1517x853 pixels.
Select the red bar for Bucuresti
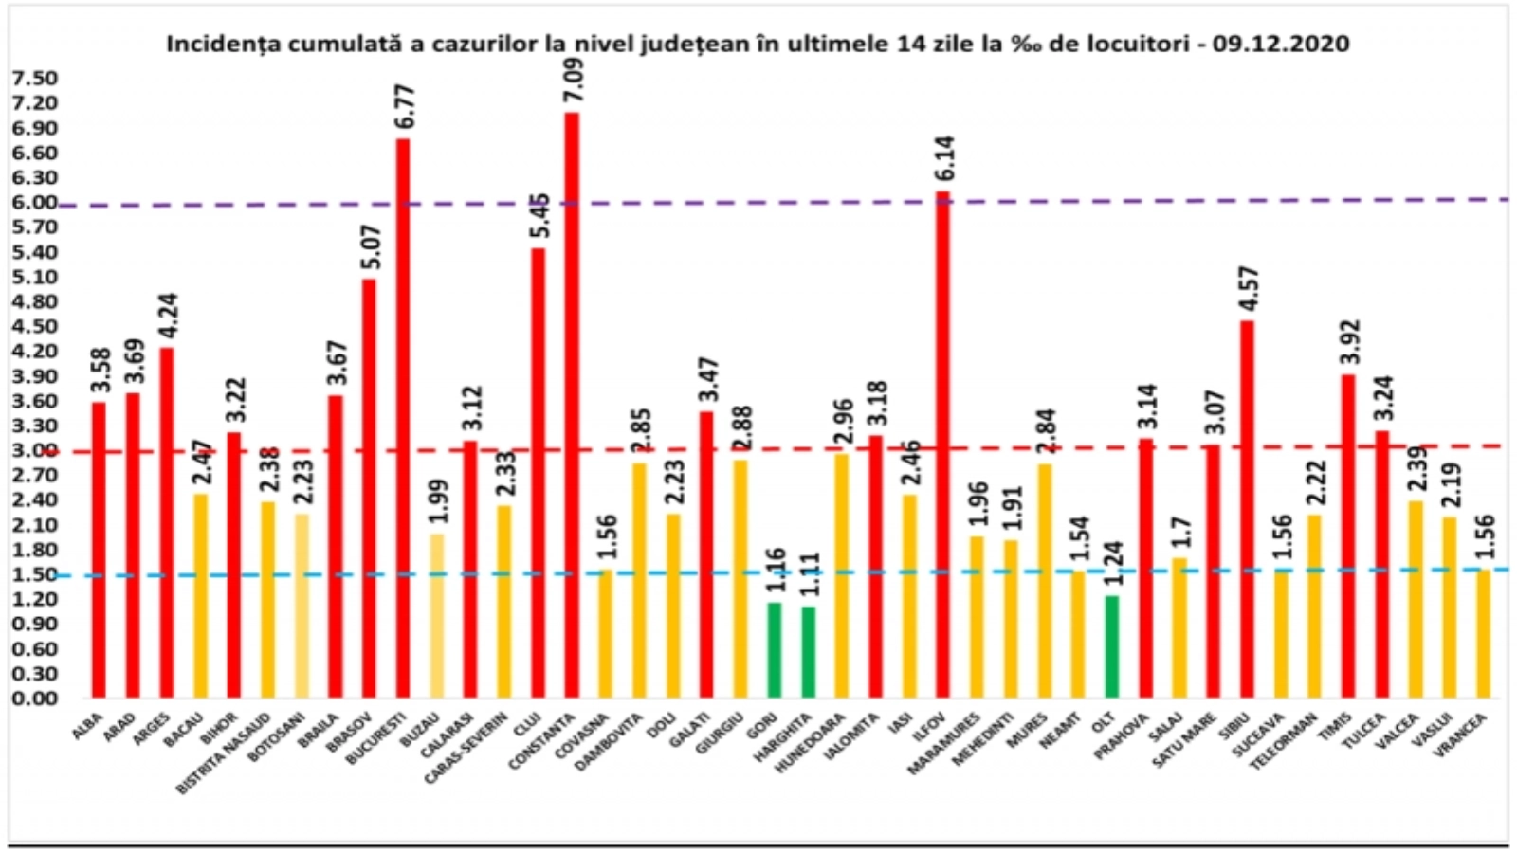[403, 418]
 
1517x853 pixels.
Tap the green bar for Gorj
[775, 650]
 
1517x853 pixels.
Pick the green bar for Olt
[1111, 646]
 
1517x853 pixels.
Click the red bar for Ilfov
[942, 445]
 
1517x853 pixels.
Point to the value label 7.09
[574, 83]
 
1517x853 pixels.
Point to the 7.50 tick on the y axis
[34, 78]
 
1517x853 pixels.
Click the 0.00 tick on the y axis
[34, 699]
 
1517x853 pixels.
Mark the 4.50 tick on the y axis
[34, 326]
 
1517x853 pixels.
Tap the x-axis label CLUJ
[526, 729]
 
